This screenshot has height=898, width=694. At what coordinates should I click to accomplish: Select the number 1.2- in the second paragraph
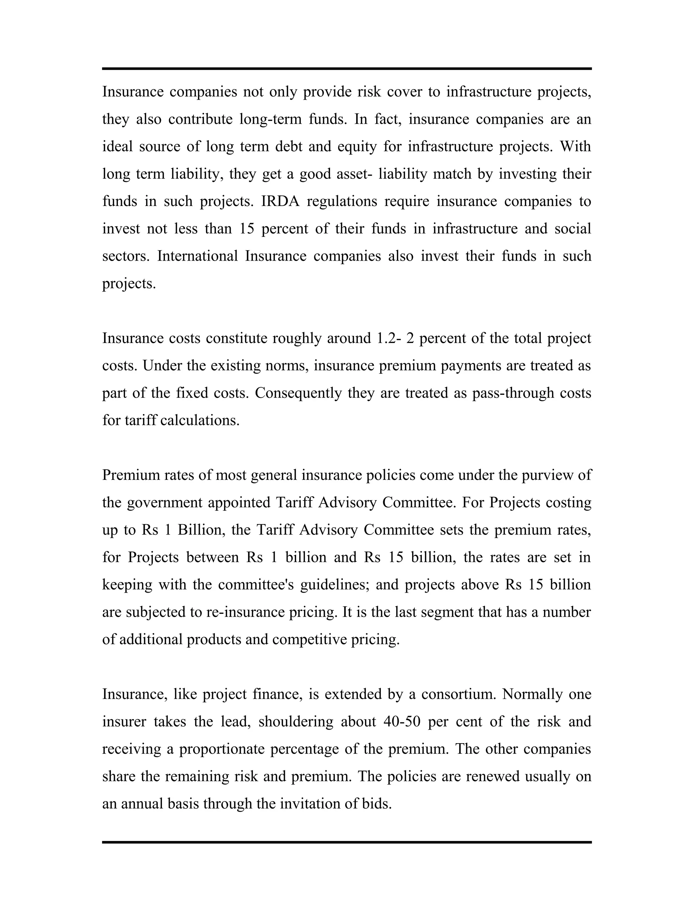click(388, 339)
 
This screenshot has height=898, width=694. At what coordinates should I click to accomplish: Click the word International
click(197, 256)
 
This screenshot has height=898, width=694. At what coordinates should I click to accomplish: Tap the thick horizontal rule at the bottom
click(347, 842)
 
